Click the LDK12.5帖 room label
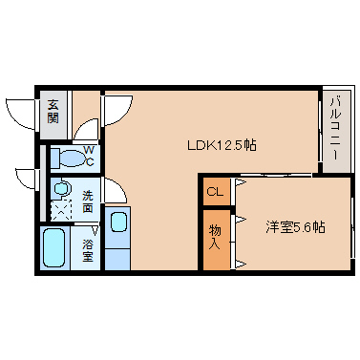[x=222, y=146]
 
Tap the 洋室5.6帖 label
[x=295, y=227]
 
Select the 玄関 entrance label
[x=53, y=112]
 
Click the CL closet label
[x=215, y=192]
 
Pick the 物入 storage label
[x=215, y=237]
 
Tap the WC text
[x=89, y=156]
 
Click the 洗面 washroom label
[x=88, y=201]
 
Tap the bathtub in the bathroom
[x=53, y=248]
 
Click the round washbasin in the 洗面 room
[x=60, y=189]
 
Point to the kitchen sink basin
[x=118, y=222]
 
